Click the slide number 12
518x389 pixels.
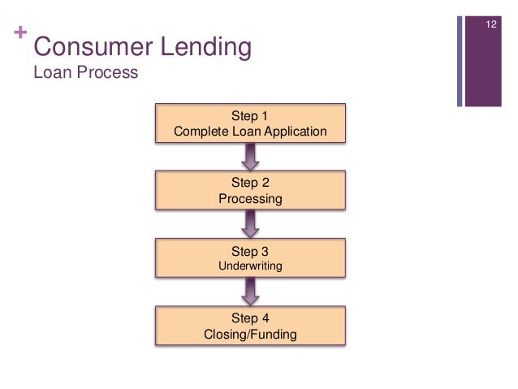pos(490,26)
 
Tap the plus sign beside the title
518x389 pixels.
pos(19,36)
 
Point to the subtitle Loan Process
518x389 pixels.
pos(85,73)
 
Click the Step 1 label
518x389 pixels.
pos(250,115)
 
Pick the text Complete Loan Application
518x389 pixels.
pos(250,131)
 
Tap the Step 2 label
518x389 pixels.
pos(250,183)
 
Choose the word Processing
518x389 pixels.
pos(250,198)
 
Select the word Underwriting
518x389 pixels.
pos(250,266)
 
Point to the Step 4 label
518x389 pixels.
pos(250,318)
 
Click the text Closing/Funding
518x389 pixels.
pos(250,333)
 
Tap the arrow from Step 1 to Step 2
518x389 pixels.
pos(250,155)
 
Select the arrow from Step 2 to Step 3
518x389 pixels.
pos(250,223)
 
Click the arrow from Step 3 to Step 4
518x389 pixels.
pos(250,290)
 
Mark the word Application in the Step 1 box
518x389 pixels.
pos(297,131)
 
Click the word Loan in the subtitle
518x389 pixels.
pos(50,73)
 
